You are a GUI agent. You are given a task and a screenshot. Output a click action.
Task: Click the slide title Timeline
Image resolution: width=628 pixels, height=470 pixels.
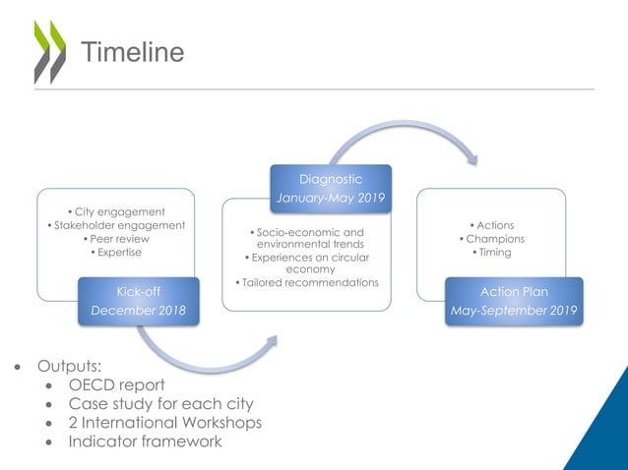(131, 52)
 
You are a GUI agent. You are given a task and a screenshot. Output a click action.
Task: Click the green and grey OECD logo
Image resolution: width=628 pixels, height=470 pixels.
(49, 51)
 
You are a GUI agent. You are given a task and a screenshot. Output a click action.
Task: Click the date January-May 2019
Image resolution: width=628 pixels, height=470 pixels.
(331, 198)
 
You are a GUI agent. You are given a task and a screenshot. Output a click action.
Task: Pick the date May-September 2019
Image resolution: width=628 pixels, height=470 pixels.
(514, 311)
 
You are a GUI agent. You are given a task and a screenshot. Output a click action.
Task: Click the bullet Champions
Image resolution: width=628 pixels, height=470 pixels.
(492, 239)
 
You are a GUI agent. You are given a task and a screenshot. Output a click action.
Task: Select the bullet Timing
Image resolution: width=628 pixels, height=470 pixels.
(492, 253)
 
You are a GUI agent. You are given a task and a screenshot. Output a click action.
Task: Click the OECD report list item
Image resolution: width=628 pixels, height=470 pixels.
(116, 384)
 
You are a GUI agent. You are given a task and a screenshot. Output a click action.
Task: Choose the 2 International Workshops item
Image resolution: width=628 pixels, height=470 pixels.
(164, 423)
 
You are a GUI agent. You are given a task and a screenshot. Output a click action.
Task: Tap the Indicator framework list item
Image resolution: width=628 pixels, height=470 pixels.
(145, 441)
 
